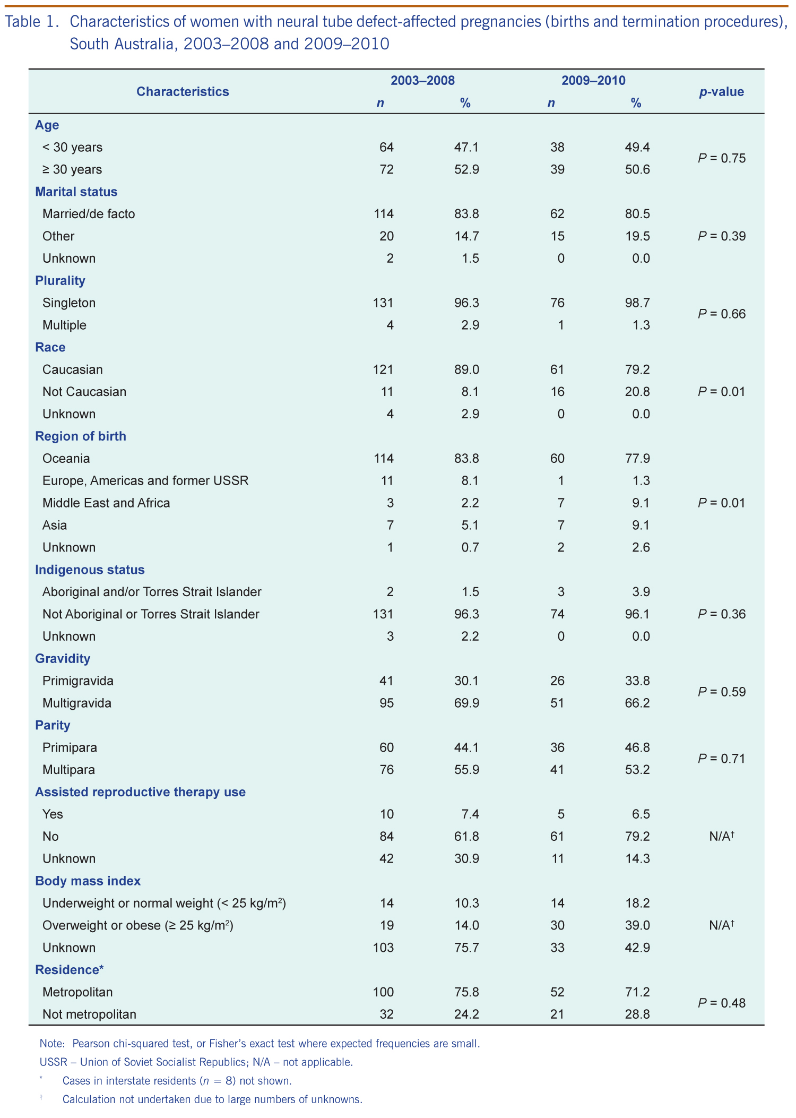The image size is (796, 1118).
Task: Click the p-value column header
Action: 721,92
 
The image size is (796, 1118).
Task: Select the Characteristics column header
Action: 183,92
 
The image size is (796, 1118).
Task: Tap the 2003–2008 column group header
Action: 422,81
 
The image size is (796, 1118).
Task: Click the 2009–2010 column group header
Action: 593,81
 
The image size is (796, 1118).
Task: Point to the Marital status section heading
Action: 76,192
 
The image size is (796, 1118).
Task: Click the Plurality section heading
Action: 60,281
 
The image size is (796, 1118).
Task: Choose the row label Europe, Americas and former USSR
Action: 145,481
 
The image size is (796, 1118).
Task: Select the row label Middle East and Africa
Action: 106,503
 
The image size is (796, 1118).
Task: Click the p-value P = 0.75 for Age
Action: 721,158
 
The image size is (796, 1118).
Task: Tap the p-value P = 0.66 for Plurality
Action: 721,314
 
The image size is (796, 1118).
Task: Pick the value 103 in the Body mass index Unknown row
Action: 383,948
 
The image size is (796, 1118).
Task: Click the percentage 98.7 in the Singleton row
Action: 637,303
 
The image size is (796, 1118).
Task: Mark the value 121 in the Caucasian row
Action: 383,369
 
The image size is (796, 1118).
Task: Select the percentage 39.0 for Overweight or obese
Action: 637,925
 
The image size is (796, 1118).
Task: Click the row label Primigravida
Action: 78,681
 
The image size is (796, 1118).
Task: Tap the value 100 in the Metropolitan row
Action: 383,992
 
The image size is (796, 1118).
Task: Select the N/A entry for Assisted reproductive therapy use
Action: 721,837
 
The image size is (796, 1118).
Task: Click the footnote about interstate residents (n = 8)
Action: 177,1081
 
